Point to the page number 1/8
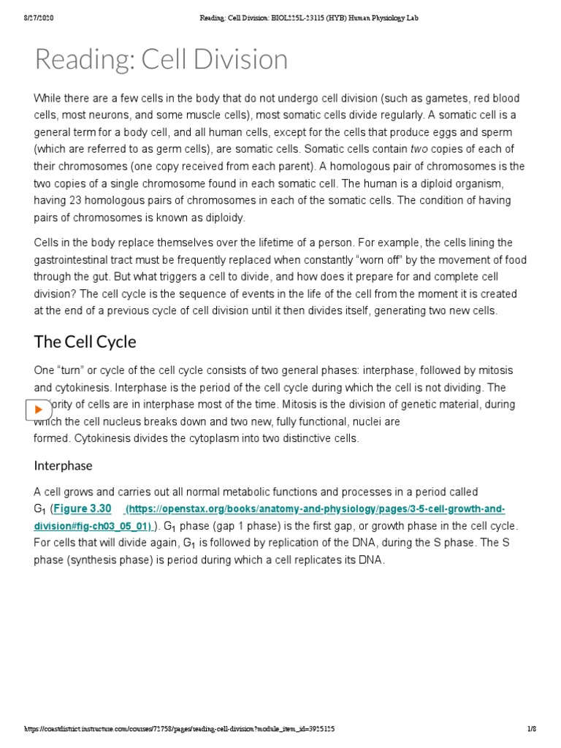[x=532, y=730]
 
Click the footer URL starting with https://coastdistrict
[x=179, y=730]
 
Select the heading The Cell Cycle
[x=85, y=342]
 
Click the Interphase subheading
[x=64, y=465]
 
